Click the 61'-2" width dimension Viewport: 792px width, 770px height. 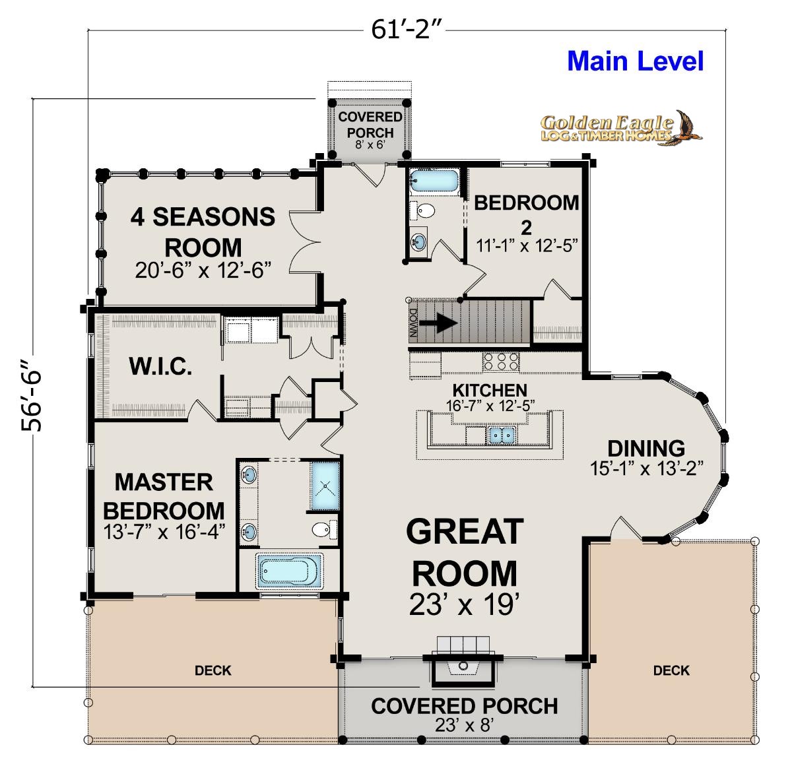click(406, 30)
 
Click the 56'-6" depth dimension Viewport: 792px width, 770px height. click(32, 395)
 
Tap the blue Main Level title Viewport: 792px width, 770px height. click(635, 61)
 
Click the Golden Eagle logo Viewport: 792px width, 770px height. click(620, 128)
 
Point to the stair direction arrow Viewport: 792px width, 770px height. click(438, 323)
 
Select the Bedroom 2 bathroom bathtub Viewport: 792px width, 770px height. click(434, 180)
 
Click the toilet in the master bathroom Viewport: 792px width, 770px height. click(324, 529)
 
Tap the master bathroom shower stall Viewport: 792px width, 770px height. click(325, 486)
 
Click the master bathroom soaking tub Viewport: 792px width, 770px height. click(289, 570)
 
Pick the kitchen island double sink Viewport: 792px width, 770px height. click(502, 435)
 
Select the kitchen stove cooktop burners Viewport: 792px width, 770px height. click(501, 362)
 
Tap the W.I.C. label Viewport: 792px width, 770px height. click(160, 366)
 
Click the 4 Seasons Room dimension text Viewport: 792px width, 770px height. click(203, 270)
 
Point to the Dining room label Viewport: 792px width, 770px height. click(646, 449)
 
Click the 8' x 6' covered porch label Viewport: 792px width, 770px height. click(370, 144)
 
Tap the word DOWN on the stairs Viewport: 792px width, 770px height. click(414, 323)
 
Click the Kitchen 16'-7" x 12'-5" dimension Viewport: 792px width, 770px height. click(490, 406)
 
